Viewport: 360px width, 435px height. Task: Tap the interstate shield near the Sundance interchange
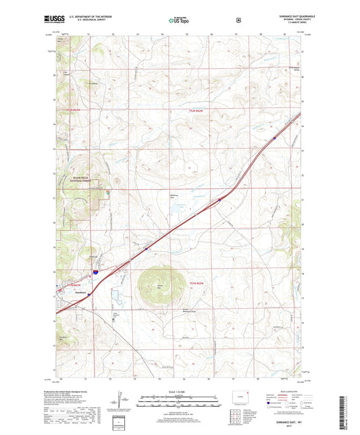(95, 272)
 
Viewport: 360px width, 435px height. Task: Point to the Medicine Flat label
(173, 197)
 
